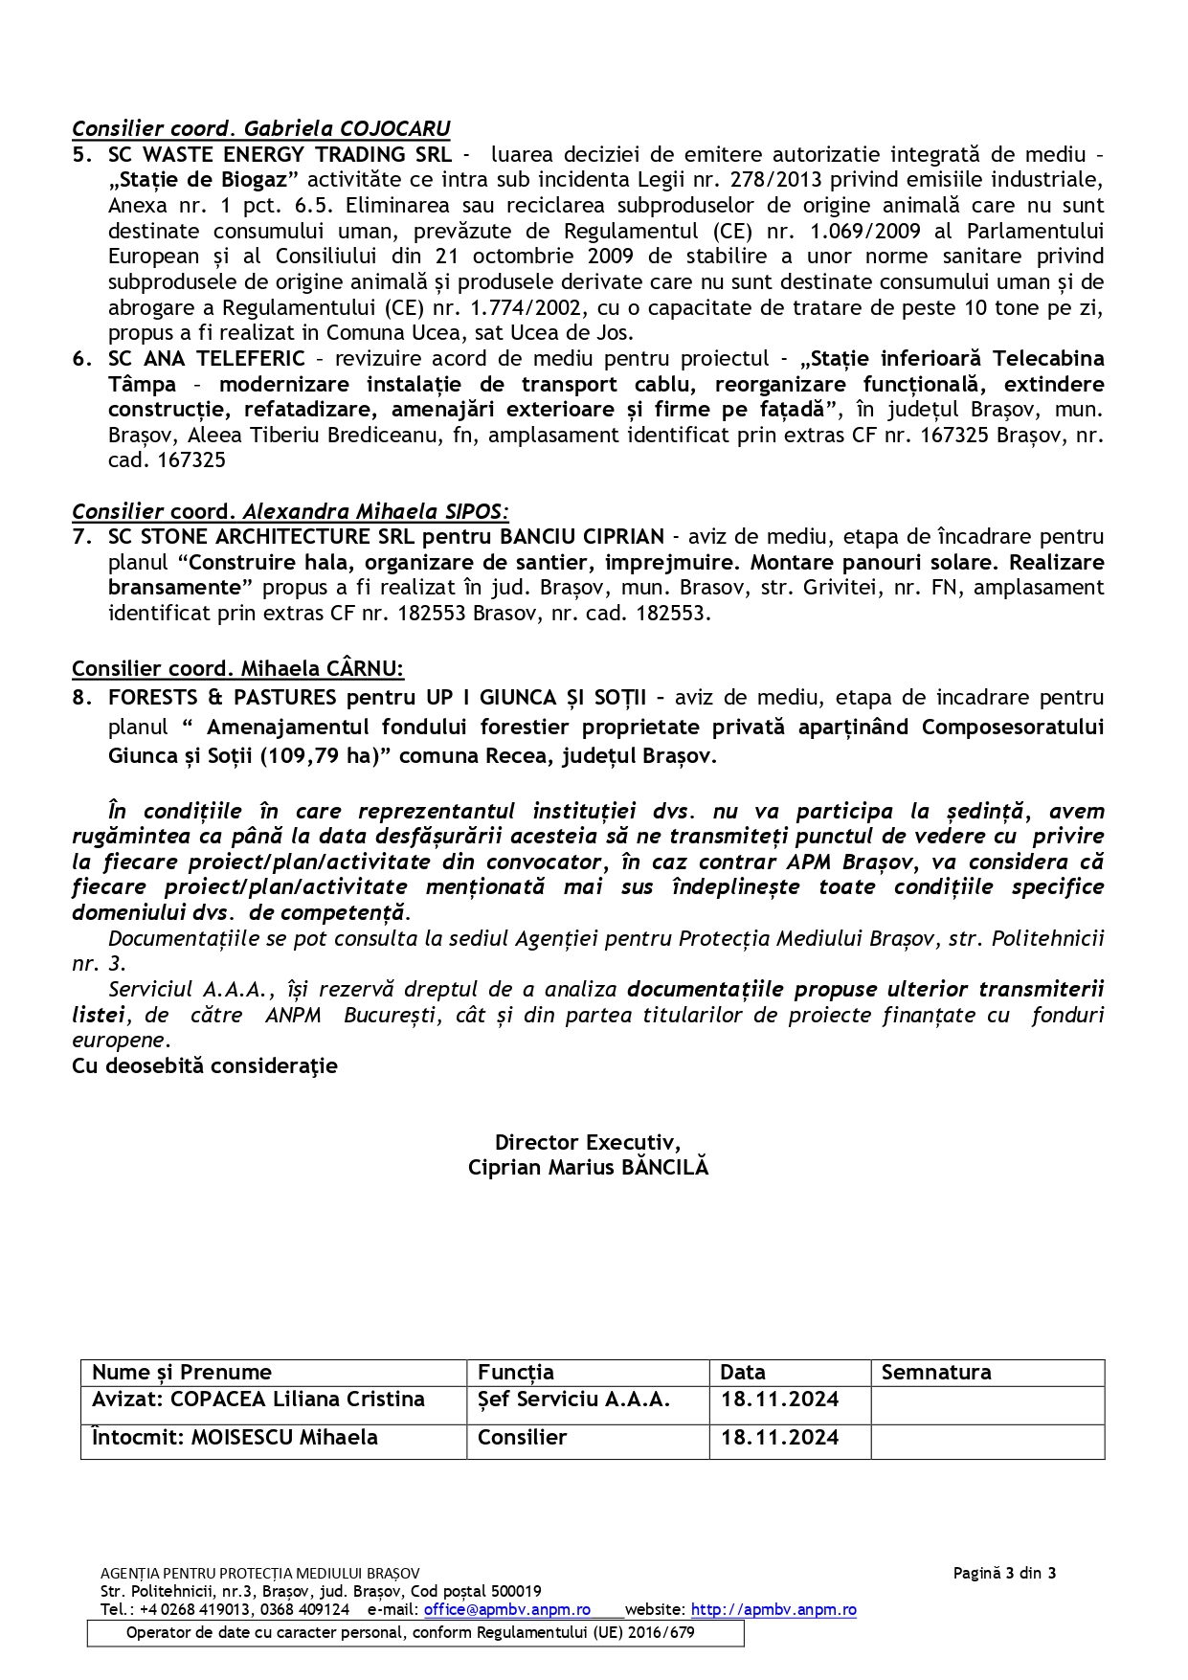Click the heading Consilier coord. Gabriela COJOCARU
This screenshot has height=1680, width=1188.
click(260, 128)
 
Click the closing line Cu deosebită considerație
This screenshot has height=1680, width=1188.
click(205, 1065)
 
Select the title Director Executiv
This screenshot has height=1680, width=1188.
click(587, 1142)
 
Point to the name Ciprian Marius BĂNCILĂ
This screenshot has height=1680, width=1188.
click(588, 1167)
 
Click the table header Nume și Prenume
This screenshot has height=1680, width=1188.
click(182, 1373)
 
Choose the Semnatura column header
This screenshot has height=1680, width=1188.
click(935, 1373)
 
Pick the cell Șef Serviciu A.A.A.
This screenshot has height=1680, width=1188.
click(573, 1400)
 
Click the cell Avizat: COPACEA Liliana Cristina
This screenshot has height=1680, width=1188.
click(258, 1400)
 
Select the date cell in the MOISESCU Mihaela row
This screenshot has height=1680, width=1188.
click(779, 1438)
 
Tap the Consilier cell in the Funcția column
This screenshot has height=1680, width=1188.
click(523, 1438)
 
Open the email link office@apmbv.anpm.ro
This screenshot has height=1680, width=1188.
click(506, 1610)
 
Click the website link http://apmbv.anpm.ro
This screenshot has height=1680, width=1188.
click(773, 1610)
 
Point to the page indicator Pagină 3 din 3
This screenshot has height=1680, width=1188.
click(1004, 1573)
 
